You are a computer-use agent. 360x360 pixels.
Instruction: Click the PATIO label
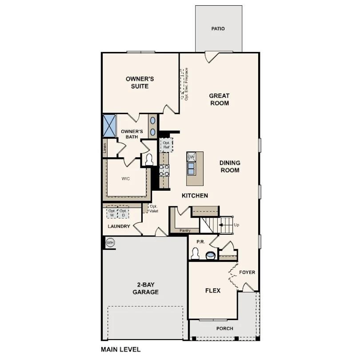(x=218, y=29)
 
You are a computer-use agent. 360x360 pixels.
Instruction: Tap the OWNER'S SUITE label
(x=140, y=83)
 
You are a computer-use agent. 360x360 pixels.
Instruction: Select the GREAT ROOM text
(x=219, y=100)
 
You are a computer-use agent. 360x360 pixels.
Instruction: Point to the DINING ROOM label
(x=229, y=167)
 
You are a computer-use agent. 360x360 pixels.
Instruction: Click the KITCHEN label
(x=195, y=196)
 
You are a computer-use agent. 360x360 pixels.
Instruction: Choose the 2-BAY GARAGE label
(x=145, y=288)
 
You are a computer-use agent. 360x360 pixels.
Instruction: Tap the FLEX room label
(x=212, y=291)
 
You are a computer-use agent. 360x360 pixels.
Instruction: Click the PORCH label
(x=224, y=329)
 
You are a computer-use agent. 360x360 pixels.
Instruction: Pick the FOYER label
(x=247, y=272)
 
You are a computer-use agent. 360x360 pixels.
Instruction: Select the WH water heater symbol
(x=110, y=243)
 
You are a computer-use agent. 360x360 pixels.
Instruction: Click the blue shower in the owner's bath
(x=109, y=125)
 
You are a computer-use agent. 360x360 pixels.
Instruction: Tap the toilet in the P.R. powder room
(x=194, y=253)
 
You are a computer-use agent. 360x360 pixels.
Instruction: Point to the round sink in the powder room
(x=210, y=255)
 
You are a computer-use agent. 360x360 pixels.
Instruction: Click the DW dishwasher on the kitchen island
(x=191, y=157)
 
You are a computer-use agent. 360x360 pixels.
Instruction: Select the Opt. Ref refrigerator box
(x=166, y=145)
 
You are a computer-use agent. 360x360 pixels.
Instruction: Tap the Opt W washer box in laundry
(x=112, y=213)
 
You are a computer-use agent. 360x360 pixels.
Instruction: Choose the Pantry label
(x=185, y=231)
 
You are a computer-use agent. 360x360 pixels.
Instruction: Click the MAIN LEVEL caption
(x=120, y=349)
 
